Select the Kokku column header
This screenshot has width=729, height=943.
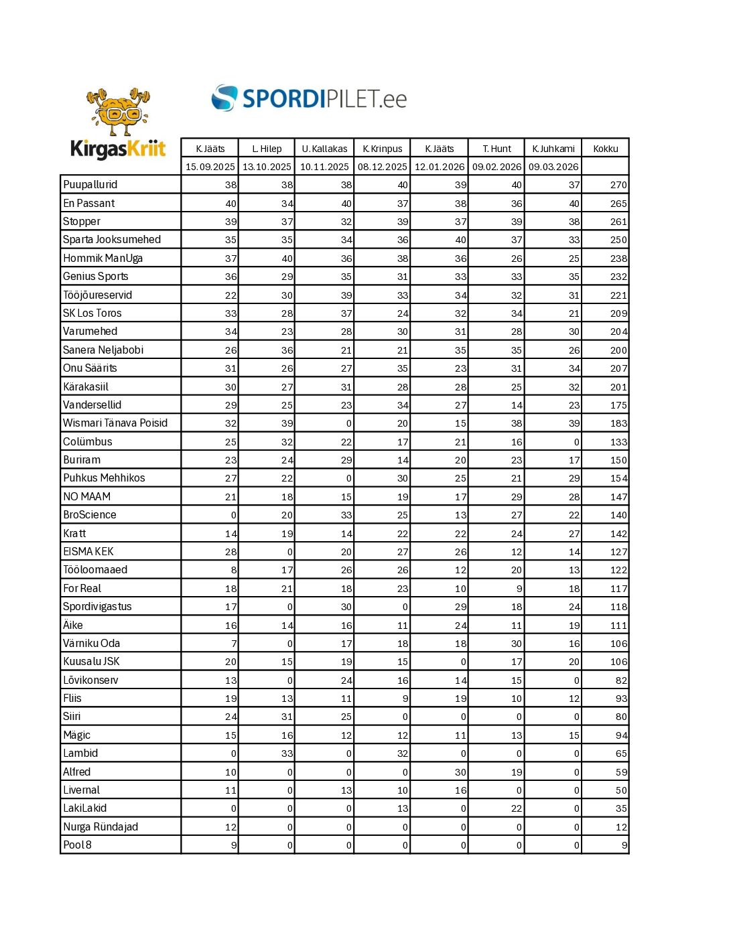click(606, 149)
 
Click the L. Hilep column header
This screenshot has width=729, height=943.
click(267, 149)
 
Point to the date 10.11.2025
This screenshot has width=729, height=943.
click(324, 167)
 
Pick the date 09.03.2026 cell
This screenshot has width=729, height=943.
click(553, 167)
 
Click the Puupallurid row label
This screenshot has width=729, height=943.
click(90, 185)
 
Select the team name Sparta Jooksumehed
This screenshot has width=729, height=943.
click(112, 240)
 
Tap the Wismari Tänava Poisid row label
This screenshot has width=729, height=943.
click(115, 423)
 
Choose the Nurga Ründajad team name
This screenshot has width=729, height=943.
click(101, 826)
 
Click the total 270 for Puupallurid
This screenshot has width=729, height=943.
click(618, 185)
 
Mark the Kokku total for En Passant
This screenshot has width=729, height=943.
click(618, 204)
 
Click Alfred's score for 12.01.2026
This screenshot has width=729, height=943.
click(460, 772)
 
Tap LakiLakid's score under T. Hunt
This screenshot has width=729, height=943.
click(516, 808)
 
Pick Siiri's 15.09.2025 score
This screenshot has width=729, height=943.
click(230, 717)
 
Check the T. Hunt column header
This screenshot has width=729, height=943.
click(496, 149)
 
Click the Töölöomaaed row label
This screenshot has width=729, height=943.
click(95, 570)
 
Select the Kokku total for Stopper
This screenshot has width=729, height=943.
click(618, 222)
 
